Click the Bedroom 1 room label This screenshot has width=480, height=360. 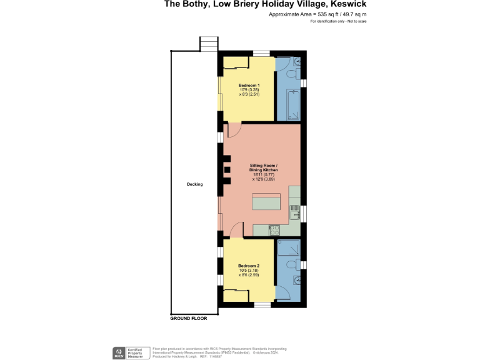pyautogui.click(x=249, y=85)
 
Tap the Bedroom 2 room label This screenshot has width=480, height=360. pyautogui.click(x=248, y=266)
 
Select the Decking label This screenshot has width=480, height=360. pyautogui.click(x=194, y=184)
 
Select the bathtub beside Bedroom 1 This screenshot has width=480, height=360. pyautogui.click(x=292, y=104)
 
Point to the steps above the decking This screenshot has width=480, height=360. pyautogui.click(x=209, y=44)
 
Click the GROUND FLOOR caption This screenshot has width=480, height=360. pyautogui.click(x=188, y=318)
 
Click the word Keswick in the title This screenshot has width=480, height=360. pyautogui.click(x=346, y=4)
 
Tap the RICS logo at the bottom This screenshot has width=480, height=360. pyautogui.click(x=117, y=352)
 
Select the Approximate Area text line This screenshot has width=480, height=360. pyautogui.click(x=317, y=14)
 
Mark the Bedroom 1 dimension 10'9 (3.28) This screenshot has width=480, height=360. pyautogui.click(x=249, y=90)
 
